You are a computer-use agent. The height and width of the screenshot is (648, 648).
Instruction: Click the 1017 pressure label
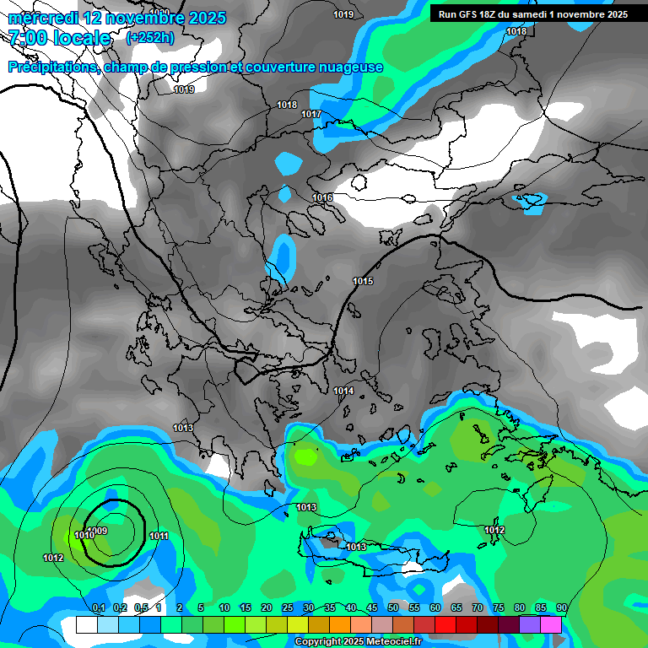pyautogui.click(x=311, y=114)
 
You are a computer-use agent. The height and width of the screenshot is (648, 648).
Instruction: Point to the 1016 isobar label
pyautogui.click(x=322, y=197)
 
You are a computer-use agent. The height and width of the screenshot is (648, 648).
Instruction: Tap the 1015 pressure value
pyautogui.click(x=363, y=281)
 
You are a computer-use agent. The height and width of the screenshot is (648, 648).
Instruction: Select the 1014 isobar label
pyautogui.click(x=343, y=391)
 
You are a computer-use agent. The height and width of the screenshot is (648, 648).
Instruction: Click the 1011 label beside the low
pyautogui.click(x=159, y=536)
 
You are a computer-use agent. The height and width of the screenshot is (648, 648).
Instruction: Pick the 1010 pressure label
pyautogui.click(x=84, y=535)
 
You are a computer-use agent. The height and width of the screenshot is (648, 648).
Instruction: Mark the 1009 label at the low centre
pyautogui.click(x=97, y=530)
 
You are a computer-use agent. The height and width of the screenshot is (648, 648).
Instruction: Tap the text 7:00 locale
pyautogui.click(x=59, y=38)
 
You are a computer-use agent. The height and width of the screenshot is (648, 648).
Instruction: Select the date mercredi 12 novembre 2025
pyautogui.click(x=117, y=18)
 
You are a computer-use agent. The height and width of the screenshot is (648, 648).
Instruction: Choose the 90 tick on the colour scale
pyautogui.click(x=562, y=607)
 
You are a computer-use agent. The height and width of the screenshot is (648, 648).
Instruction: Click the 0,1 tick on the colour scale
pyautogui.click(x=98, y=607)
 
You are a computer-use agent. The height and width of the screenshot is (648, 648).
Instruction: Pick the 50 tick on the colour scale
pyautogui.click(x=393, y=607)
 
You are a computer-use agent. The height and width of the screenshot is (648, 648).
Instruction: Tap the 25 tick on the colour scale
pyautogui.click(x=288, y=607)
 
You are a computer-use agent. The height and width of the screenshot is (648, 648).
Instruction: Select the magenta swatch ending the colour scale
pyautogui.click(x=551, y=624)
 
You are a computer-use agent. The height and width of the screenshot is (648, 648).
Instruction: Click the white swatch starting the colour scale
pyautogui.click(x=86, y=624)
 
